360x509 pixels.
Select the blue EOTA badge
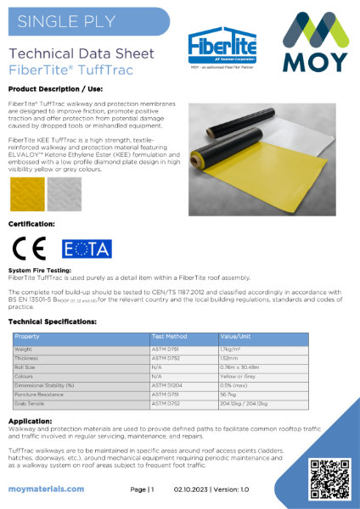(x=87, y=249)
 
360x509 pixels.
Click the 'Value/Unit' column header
(x=234, y=337)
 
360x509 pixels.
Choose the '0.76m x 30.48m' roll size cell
(x=242, y=366)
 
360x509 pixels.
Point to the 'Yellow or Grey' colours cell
(x=238, y=376)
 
